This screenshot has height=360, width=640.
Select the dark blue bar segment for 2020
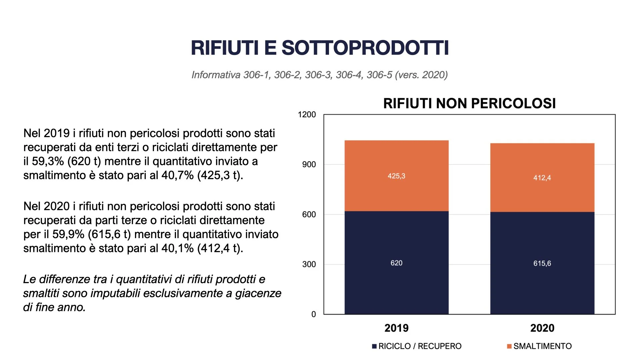point(542,287)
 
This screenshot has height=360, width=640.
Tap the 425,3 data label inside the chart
point(396,176)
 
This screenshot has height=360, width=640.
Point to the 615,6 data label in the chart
point(542,263)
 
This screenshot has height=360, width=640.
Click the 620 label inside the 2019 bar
point(396,263)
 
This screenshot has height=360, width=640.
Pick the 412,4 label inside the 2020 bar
point(542,178)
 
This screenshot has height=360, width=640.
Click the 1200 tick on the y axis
point(307,115)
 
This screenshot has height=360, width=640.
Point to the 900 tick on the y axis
point(309,164)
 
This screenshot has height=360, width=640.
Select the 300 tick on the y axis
point(309,264)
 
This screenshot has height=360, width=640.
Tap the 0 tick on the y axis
point(313,314)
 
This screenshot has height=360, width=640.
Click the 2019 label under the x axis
point(396,328)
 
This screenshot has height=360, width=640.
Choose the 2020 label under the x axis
point(542,328)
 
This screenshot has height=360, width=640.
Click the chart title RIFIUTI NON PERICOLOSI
point(469,103)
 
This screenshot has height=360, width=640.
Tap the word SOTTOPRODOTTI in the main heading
point(365,48)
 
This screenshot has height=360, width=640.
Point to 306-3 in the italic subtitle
point(318,75)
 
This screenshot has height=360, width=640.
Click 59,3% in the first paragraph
point(48,161)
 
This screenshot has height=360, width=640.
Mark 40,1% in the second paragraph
point(177,248)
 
